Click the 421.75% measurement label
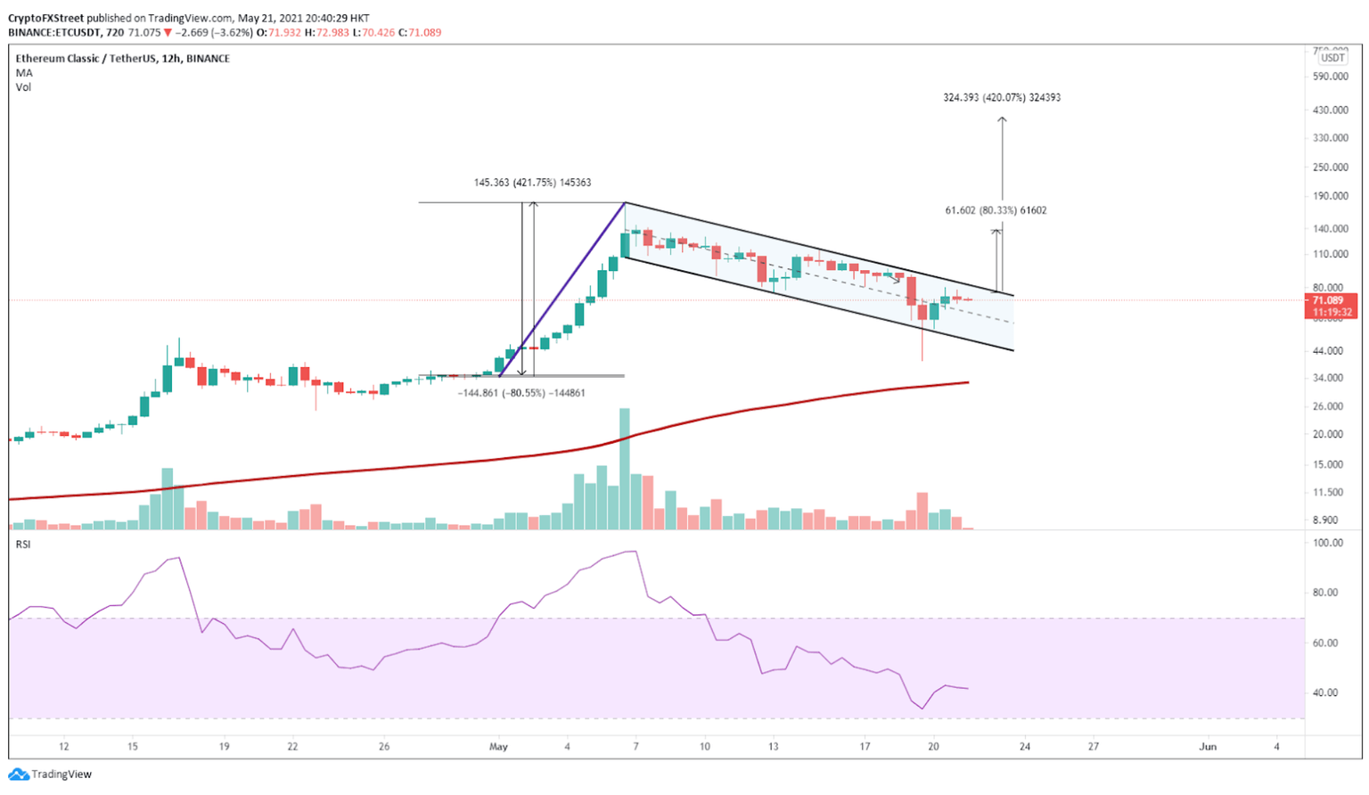[x=532, y=183]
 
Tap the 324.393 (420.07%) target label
[x=1002, y=98]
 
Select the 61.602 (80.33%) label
[x=996, y=211]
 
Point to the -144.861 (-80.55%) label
[x=521, y=393]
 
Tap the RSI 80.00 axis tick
[x=1327, y=593]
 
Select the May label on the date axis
[x=498, y=747]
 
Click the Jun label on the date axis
[x=1208, y=747]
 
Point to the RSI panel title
[x=23, y=545]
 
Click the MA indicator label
[x=24, y=73]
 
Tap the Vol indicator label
[x=23, y=87]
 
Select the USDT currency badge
[x=1332, y=58]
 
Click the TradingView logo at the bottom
[x=52, y=775]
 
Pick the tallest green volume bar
[x=625, y=469]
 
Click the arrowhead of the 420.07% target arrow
[x=1002, y=119]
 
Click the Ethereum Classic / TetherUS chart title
[x=122, y=59]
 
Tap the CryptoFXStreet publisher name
[x=45, y=18]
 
